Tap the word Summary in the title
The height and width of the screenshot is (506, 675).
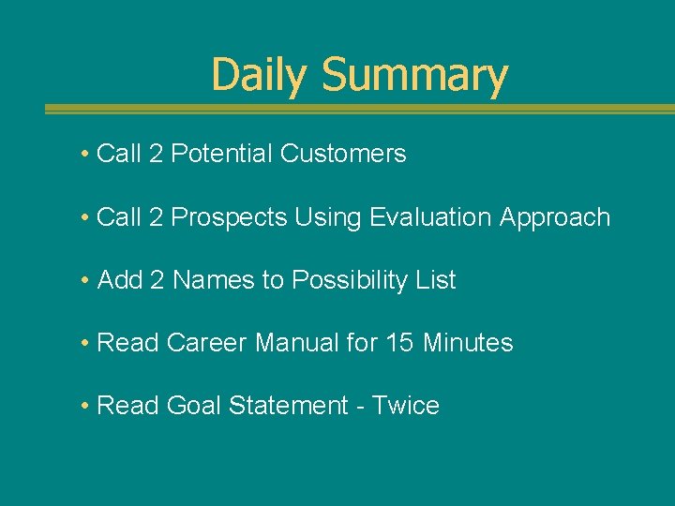[x=414, y=75]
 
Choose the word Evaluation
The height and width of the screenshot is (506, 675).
[x=430, y=217]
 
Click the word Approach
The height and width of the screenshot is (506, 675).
[x=555, y=217]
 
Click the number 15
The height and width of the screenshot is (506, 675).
[x=399, y=343]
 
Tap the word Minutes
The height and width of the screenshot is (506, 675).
[x=468, y=343]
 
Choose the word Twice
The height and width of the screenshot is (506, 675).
[x=405, y=406]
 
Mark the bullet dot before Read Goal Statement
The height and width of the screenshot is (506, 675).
[x=85, y=406]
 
